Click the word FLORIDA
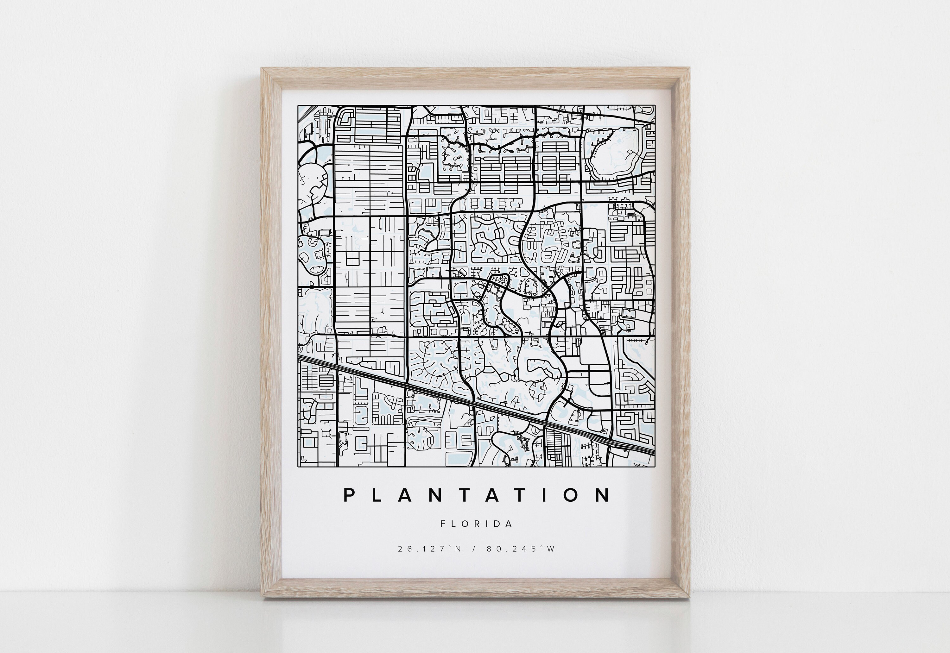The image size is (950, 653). [x=477, y=524]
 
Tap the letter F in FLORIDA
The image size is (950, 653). [x=443, y=524]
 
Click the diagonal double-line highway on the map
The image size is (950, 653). [x=475, y=403]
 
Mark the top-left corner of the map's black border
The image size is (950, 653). [x=298, y=105]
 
